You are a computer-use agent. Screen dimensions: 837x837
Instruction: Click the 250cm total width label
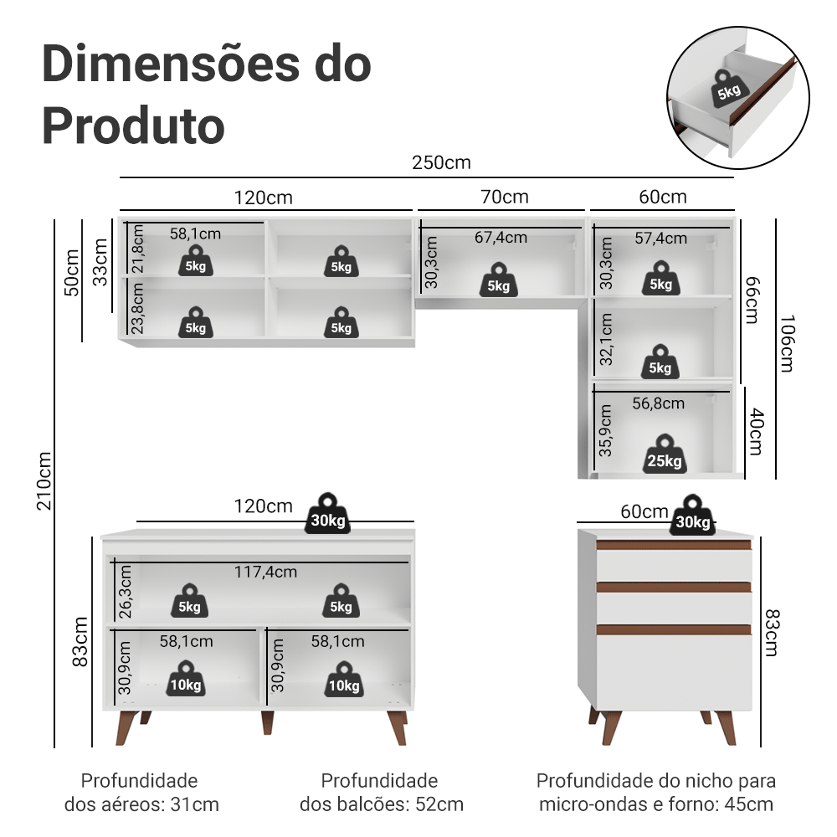point(441,162)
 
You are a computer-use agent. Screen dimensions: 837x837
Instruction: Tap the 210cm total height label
point(44,480)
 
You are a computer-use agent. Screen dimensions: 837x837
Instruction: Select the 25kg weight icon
point(664,454)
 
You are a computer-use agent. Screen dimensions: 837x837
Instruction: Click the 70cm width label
point(505,197)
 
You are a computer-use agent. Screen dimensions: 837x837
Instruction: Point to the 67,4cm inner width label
point(501,238)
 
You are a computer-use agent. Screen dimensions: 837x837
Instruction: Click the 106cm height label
point(786,344)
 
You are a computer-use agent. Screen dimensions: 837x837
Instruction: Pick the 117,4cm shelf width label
point(265,572)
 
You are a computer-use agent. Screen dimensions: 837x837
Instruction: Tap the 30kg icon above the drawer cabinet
point(693,516)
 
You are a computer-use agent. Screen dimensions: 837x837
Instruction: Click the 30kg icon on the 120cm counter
point(327,514)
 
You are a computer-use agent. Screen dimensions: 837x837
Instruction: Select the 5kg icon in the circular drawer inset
point(727,87)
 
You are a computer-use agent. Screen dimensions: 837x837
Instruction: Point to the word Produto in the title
point(133,126)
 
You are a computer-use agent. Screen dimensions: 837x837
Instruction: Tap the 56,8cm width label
point(658,403)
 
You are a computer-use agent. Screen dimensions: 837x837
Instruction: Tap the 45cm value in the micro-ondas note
point(750,805)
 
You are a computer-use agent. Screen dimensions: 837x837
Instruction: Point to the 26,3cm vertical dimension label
point(126,591)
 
